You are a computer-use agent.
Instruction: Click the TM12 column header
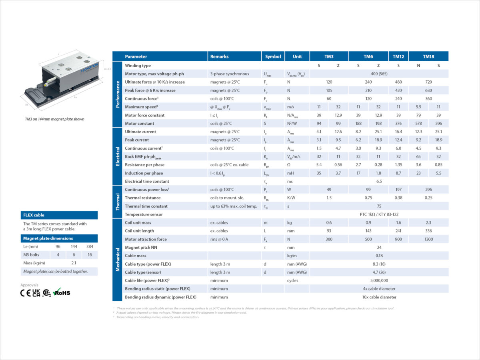(398, 56)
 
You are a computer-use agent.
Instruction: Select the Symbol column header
(273, 56)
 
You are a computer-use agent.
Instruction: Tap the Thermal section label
(118, 202)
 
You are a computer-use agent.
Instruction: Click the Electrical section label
(118, 156)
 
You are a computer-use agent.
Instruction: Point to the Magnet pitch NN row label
(141, 248)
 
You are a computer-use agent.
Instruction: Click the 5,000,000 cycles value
(379, 280)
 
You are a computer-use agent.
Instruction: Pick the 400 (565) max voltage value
(379, 74)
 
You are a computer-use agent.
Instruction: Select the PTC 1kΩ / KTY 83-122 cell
(379, 214)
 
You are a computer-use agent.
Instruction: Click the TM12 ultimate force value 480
(398, 82)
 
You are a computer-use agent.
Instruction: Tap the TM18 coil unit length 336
(428, 231)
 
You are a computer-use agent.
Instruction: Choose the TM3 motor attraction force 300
(329, 239)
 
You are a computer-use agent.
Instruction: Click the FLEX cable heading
(34, 215)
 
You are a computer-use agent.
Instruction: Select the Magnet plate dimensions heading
(48, 238)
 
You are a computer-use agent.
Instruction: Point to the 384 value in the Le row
(90, 247)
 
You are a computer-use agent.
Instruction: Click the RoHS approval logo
(62, 292)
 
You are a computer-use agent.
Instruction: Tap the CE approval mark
(25, 293)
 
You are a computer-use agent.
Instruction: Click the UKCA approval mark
(36, 293)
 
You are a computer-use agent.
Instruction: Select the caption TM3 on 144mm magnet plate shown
(53, 119)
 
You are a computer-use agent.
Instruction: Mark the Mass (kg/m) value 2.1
(74, 263)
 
